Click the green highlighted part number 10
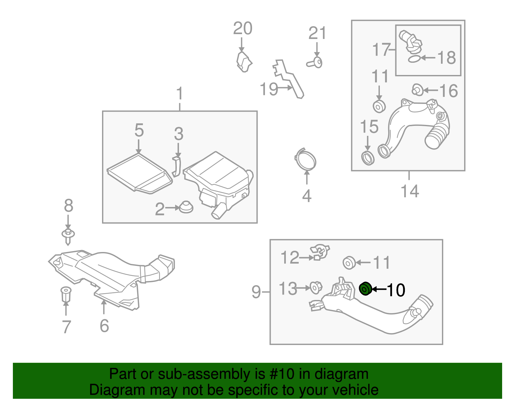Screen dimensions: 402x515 (365, 288)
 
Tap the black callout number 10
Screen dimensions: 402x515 (396, 290)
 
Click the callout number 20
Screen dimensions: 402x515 (243, 28)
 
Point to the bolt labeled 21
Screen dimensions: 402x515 (315, 63)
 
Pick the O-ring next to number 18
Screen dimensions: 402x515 (414, 59)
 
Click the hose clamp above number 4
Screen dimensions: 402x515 (305, 159)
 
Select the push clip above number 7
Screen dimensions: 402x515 (66, 294)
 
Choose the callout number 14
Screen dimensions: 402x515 (410, 191)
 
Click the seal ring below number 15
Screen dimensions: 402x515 (368, 157)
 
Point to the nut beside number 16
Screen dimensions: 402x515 (417, 90)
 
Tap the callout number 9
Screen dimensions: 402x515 (256, 292)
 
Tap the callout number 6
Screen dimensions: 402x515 (104, 326)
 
